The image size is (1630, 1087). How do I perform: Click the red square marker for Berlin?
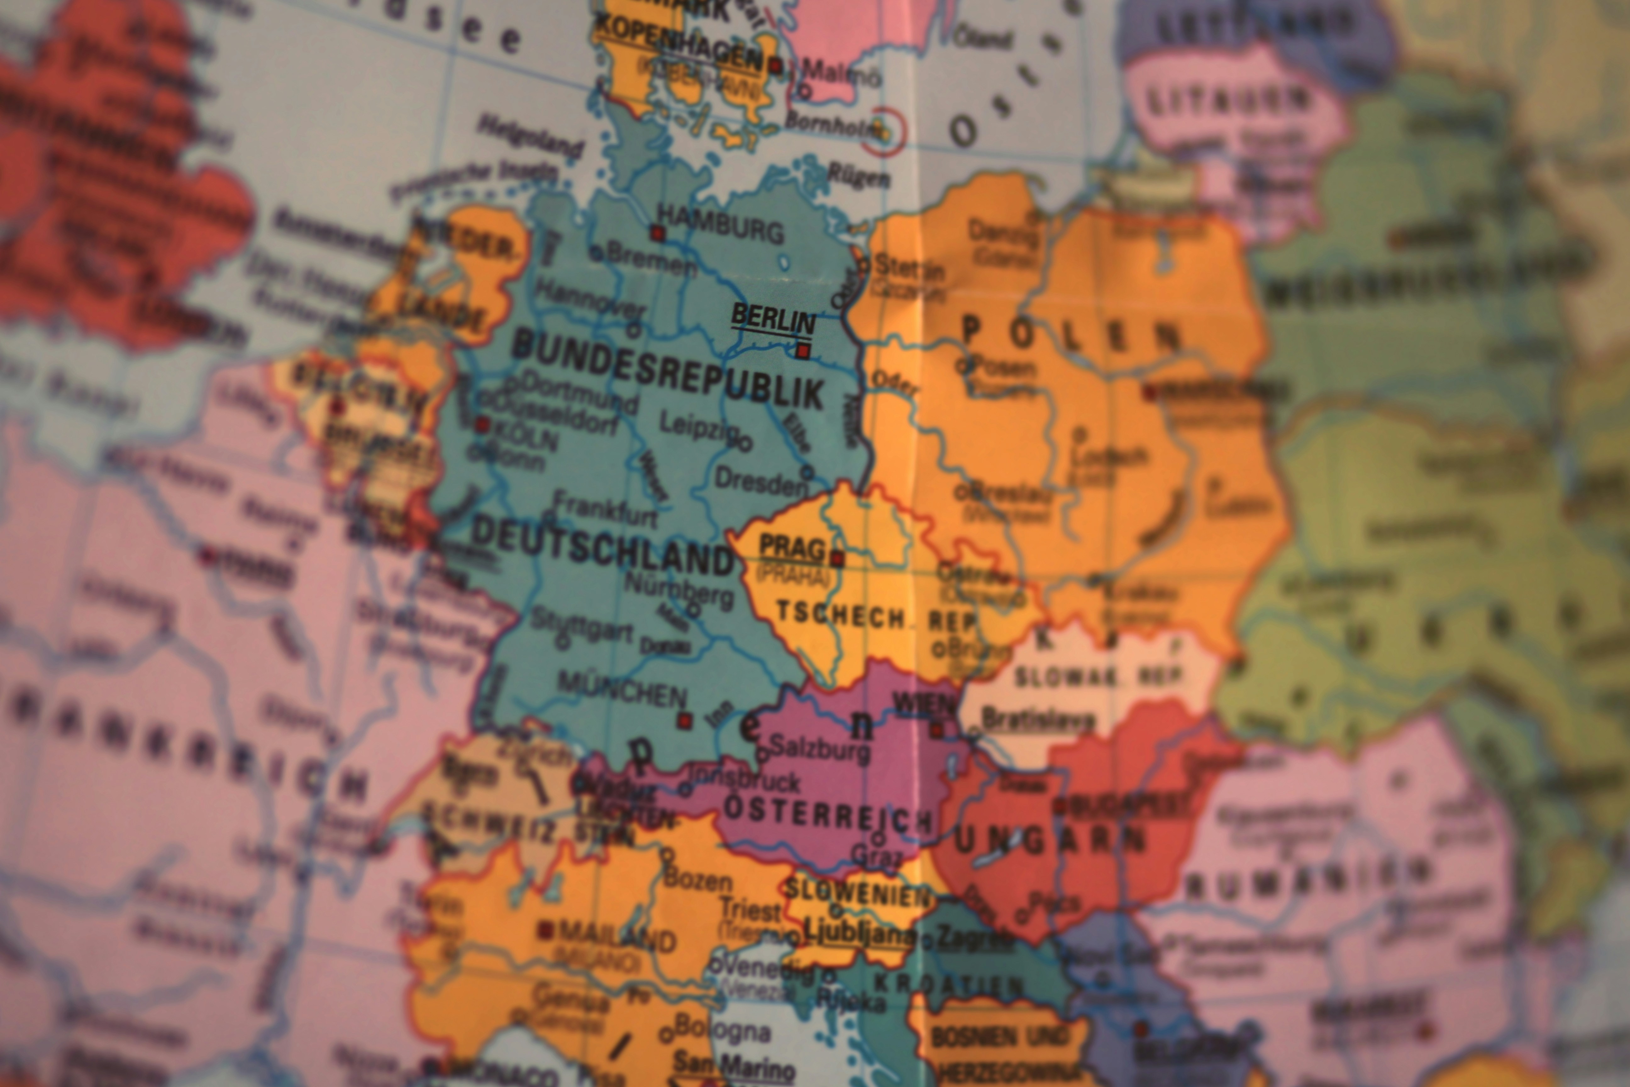(x=802, y=351)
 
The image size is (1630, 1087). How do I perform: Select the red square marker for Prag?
(x=837, y=558)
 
